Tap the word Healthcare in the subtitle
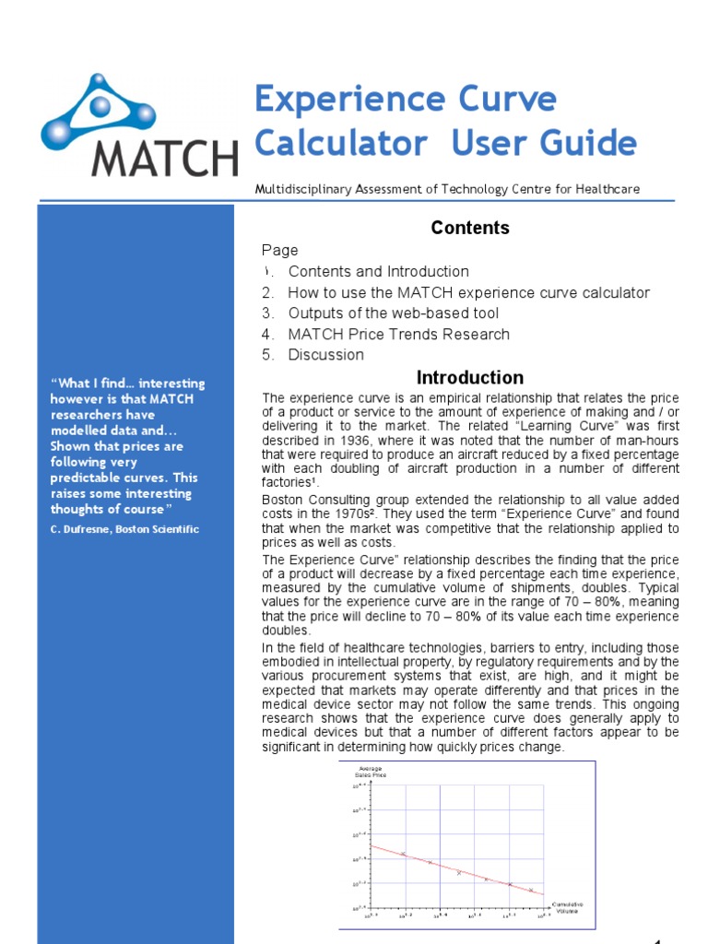[608, 189]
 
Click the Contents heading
[470, 228]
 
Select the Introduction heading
[470, 377]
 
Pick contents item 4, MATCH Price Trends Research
[398, 334]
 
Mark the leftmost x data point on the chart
[404, 854]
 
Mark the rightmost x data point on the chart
[531, 890]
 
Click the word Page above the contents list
[279, 250]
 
